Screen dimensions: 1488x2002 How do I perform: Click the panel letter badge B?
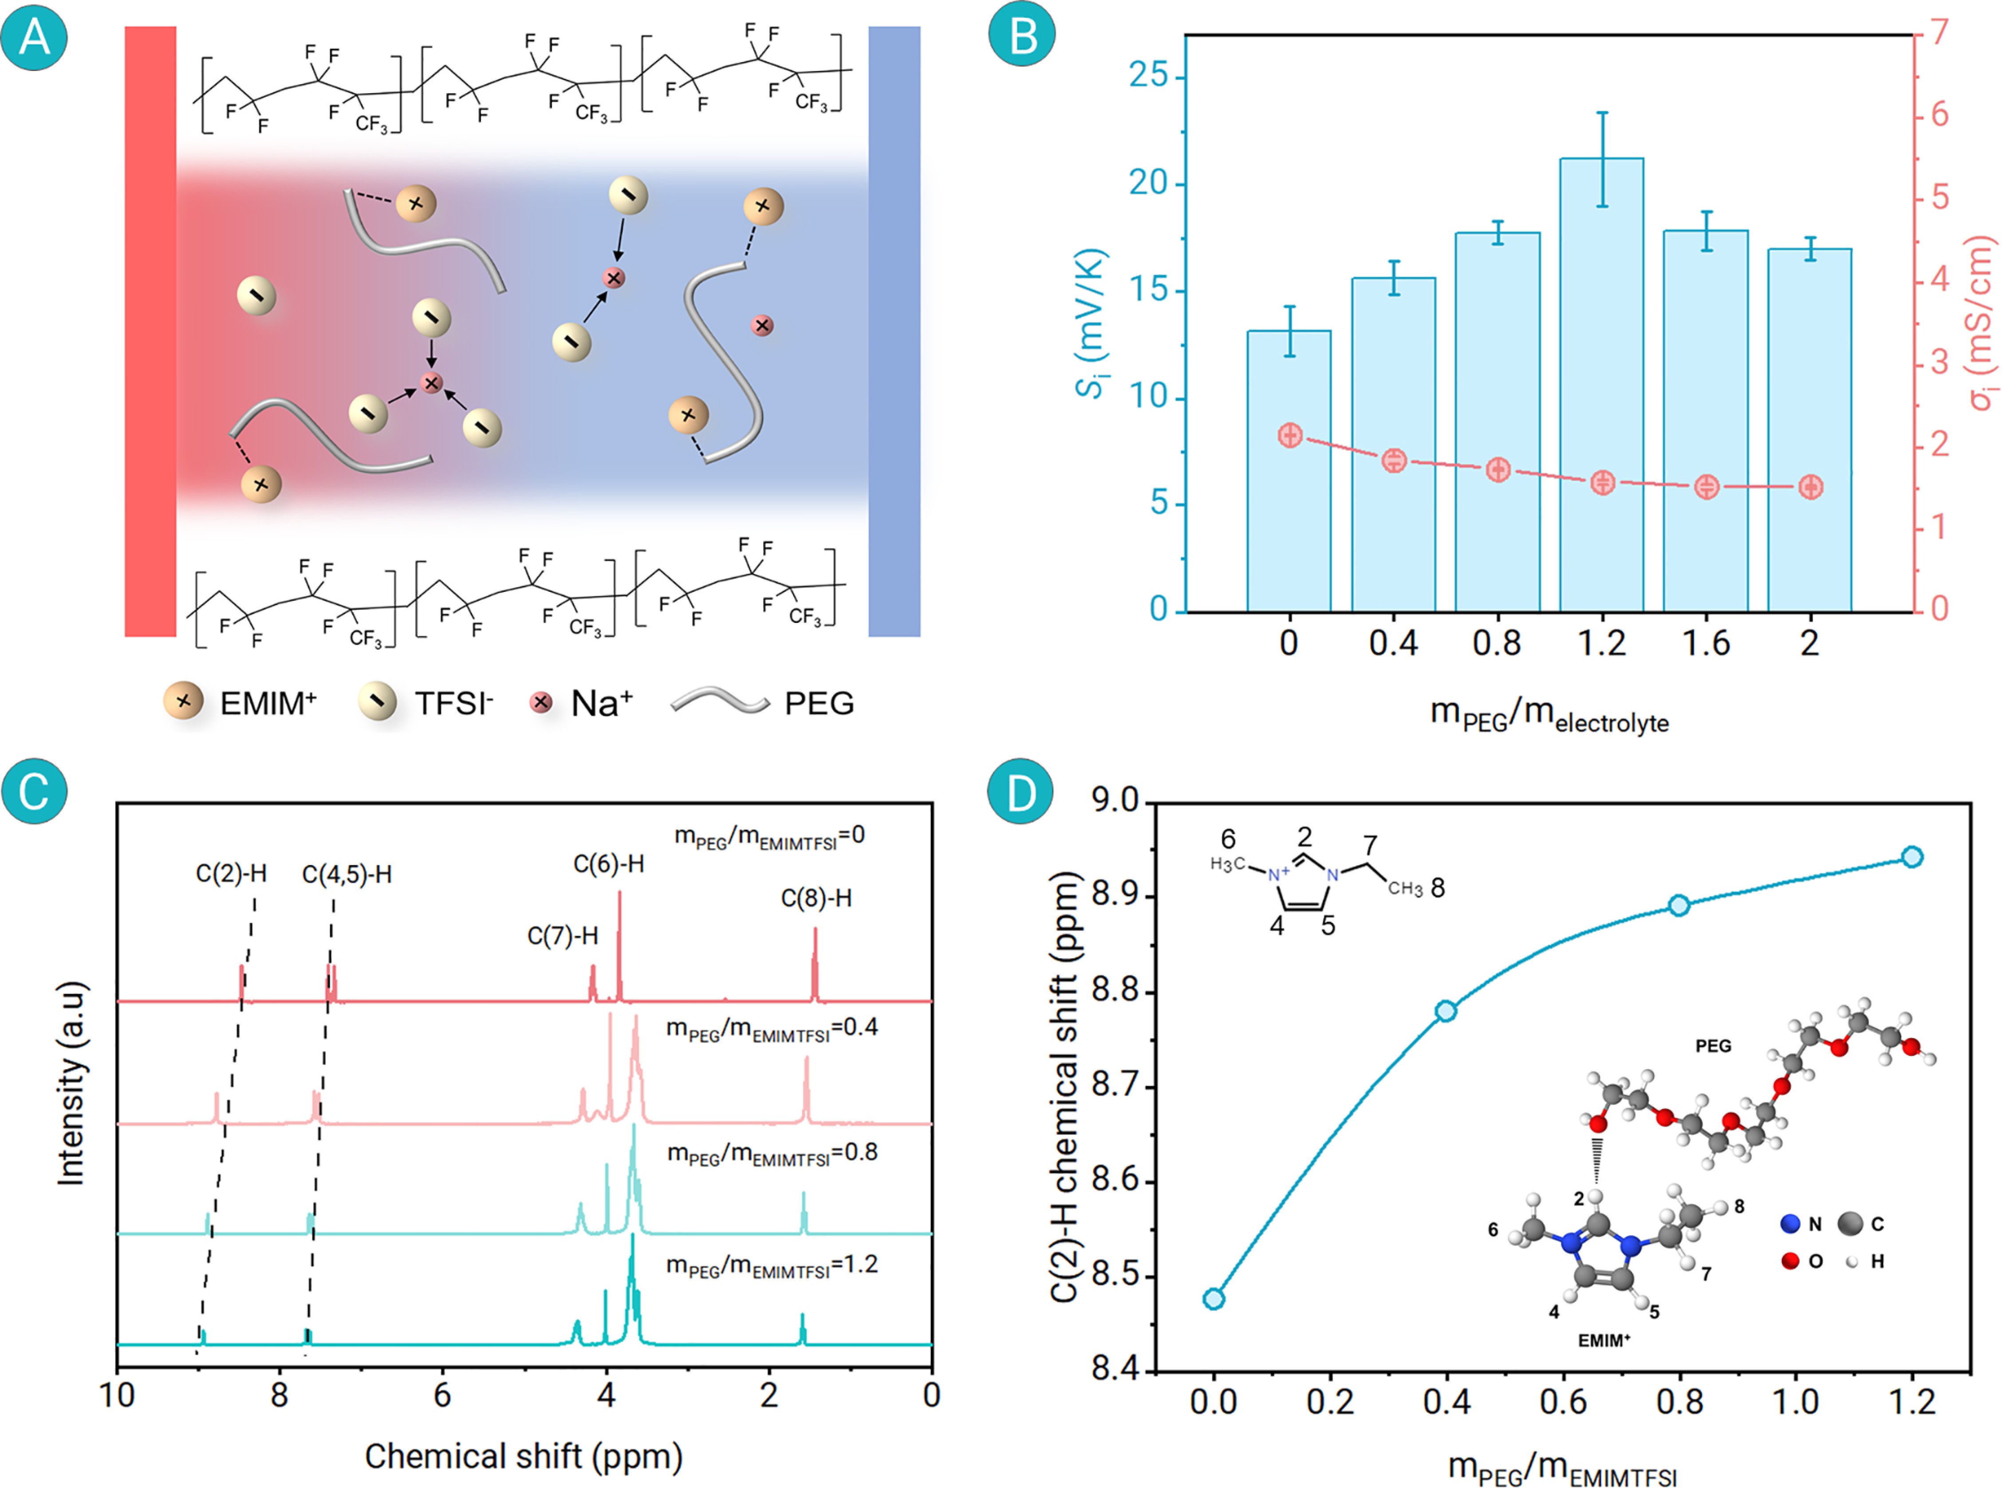pyautogui.click(x=1021, y=36)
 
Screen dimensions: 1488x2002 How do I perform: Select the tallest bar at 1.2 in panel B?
pyautogui.click(x=1601, y=387)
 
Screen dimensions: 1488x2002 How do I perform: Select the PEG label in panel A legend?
pyautogui.click(x=819, y=704)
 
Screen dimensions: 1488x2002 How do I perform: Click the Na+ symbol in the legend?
pyautogui.click(x=540, y=703)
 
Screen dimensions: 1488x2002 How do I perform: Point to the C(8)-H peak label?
pyautogui.click(x=816, y=898)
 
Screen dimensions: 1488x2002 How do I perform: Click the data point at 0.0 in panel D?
pyautogui.click(x=1213, y=1298)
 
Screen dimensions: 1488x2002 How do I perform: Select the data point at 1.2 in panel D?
pyautogui.click(x=1912, y=857)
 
